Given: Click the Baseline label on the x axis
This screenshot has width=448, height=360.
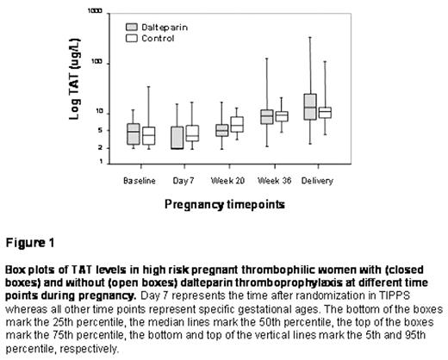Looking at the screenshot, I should point(140,180).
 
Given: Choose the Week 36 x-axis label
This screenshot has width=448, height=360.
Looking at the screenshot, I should point(273,180).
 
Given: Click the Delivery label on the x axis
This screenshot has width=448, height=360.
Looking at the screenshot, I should point(318,180).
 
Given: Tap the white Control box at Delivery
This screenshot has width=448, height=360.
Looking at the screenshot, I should point(325,112).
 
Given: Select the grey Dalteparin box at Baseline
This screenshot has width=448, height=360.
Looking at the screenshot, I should point(133,133).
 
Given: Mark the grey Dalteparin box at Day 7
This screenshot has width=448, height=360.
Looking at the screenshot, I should point(177,138).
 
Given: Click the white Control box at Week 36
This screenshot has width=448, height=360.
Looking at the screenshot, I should point(281,116).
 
